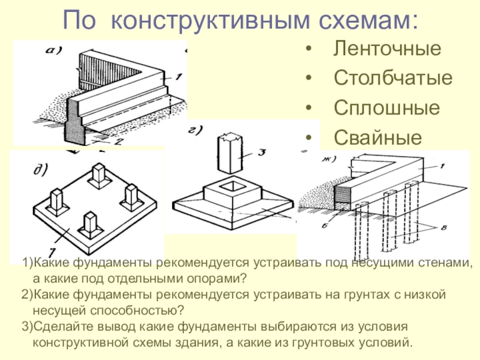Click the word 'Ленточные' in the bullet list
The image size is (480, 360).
(x=387, y=48)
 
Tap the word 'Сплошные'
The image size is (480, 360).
(x=386, y=108)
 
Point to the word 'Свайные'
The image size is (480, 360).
(x=377, y=138)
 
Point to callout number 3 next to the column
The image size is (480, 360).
(x=262, y=154)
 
